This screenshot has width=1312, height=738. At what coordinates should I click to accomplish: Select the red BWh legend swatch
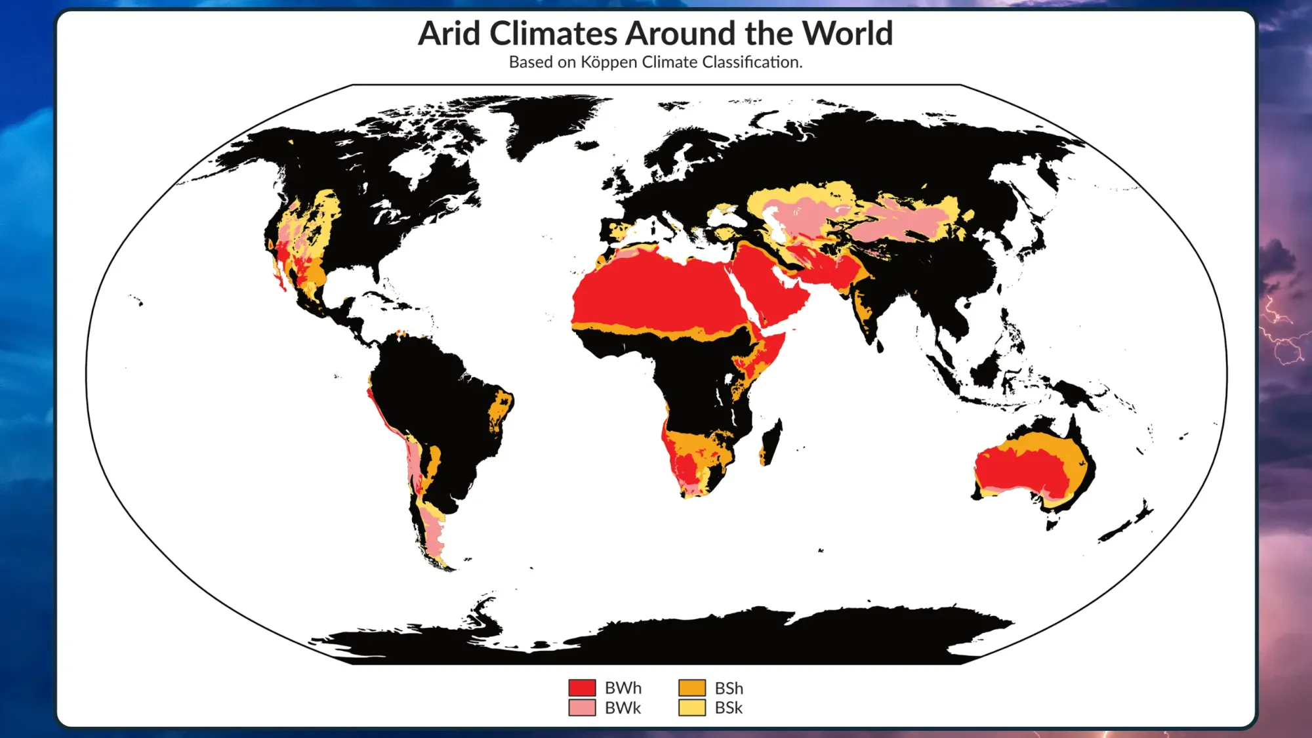582,687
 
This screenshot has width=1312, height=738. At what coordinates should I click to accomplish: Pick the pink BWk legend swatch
582,708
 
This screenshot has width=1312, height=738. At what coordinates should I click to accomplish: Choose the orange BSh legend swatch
691,687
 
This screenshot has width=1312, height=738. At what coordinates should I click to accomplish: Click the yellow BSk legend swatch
691,708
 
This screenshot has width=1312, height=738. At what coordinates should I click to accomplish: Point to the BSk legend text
729,708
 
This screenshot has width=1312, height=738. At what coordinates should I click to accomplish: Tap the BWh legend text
623,688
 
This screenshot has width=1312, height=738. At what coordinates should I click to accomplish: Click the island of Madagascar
771,442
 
